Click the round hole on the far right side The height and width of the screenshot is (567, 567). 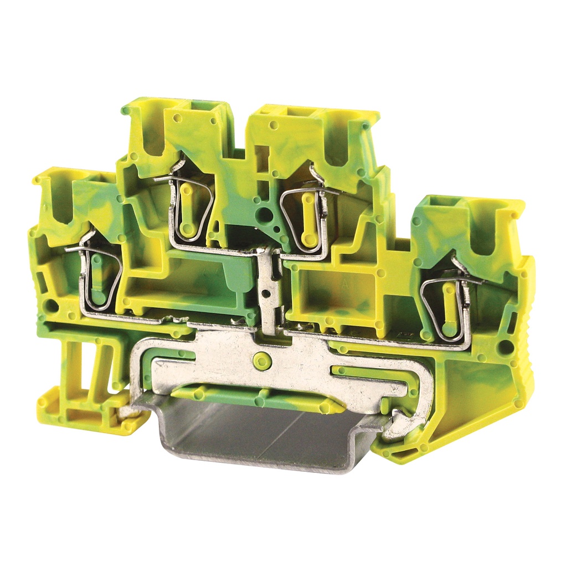505,347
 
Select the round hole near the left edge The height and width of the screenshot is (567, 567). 51,305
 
